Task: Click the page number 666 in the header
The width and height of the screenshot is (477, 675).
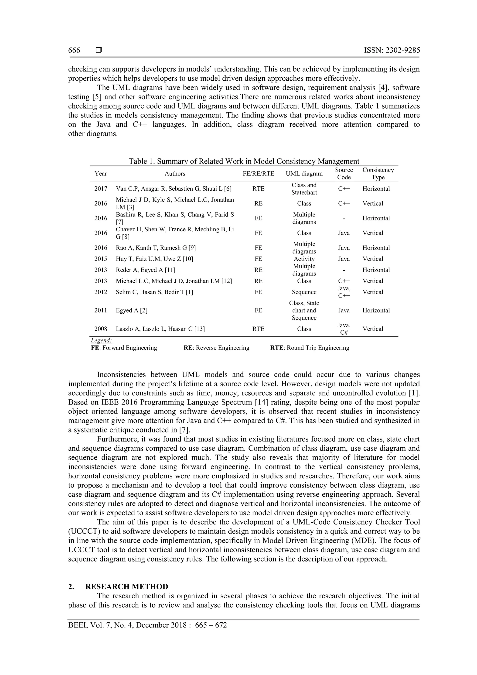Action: pos(74,50)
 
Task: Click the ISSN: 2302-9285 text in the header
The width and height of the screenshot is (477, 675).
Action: pos(392,50)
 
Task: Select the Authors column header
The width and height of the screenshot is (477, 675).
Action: pos(175,173)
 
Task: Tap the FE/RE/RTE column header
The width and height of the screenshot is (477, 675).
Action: pos(258,173)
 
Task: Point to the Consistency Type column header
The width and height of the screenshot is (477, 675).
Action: pos(378,173)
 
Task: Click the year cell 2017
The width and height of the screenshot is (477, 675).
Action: pos(101,189)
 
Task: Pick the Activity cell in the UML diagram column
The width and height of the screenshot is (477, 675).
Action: pos(304,259)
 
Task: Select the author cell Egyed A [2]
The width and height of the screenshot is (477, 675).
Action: pos(131,310)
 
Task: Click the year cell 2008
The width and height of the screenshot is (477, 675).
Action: pos(101,329)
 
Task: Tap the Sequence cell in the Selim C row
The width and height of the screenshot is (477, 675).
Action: pos(304,292)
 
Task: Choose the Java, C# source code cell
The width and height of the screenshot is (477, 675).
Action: pos(344,329)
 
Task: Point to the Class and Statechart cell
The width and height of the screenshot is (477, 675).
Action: pos(304,189)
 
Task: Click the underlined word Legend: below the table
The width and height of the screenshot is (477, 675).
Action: pos(101,340)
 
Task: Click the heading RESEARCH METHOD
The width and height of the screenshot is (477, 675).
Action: pos(127,586)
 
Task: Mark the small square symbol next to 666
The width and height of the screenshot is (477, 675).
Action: pos(99,50)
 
